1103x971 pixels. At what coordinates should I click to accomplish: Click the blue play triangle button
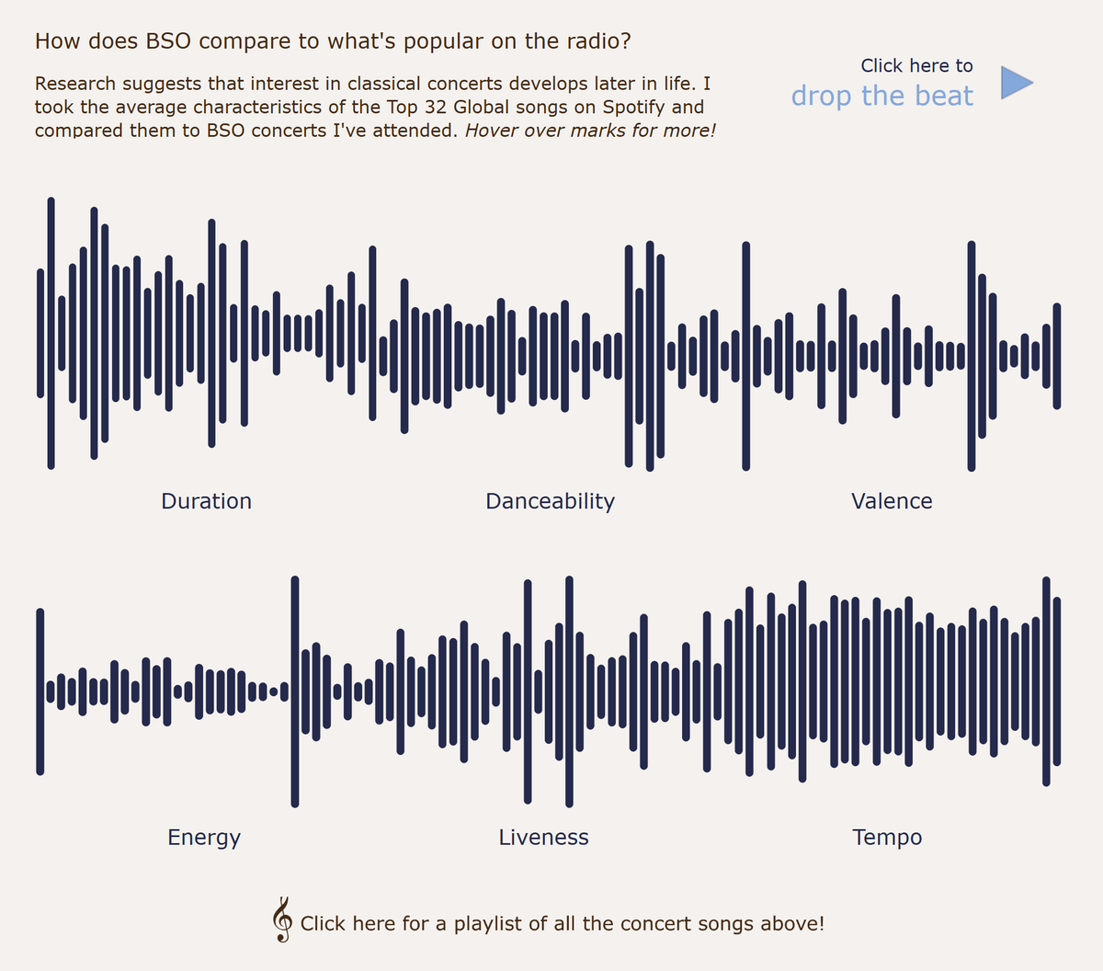click(1015, 83)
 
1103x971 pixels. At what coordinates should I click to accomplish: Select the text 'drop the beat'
click(881, 96)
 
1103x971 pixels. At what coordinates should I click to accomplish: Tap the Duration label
click(206, 501)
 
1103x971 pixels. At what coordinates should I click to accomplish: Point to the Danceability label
click(550, 501)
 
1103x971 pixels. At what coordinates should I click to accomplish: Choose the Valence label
click(892, 501)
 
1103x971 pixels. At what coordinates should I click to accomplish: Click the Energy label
click(204, 837)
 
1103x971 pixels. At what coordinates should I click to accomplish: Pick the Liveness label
click(544, 837)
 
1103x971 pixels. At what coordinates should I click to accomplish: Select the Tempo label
click(887, 837)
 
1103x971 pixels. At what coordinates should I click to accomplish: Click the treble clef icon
click(282, 920)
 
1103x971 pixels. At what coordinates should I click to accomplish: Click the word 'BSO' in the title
click(168, 40)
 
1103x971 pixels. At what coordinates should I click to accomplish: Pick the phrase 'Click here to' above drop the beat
click(916, 65)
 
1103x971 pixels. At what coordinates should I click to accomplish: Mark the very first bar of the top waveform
click(40, 333)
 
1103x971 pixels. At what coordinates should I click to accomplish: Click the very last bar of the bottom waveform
click(1057, 680)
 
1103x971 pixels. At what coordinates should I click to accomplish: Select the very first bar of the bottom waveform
click(40, 691)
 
